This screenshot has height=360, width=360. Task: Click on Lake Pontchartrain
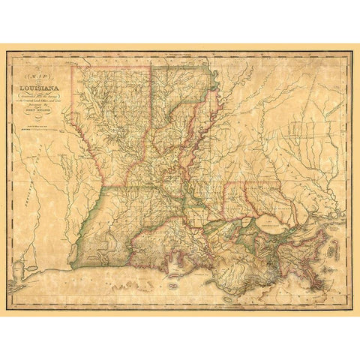pyautogui.click(x=266, y=223)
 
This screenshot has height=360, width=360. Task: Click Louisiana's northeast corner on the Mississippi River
pyautogui.click(x=210, y=69)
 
